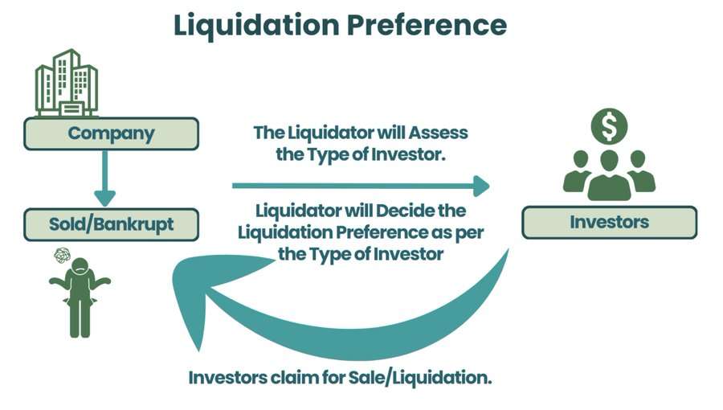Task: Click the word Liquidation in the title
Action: tap(256, 25)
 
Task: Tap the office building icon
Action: tap(67, 83)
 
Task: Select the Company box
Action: tap(111, 133)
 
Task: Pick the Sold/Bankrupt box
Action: tap(111, 224)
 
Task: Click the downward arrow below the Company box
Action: tap(104, 178)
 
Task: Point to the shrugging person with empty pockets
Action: tap(80, 297)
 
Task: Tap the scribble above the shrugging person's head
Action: tap(62, 255)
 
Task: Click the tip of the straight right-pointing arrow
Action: tap(490, 186)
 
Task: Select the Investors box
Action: tap(609, 223)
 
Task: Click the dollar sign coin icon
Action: tap(609, 126)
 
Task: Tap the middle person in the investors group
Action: tap(609, 175)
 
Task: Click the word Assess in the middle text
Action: tap(438, 133)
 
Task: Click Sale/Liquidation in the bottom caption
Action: tap(420, 378)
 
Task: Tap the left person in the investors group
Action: tap(578, 171)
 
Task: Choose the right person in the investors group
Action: tap(640, 171)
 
